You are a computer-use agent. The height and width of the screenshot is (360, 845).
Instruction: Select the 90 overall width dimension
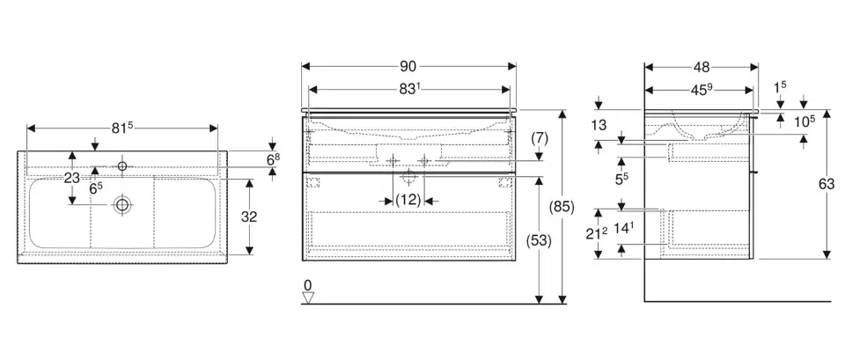408,66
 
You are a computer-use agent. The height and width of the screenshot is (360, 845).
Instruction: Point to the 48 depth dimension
702,66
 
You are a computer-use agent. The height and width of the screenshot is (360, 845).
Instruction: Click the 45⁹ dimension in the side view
701,88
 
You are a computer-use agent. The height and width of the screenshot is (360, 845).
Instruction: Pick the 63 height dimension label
826,184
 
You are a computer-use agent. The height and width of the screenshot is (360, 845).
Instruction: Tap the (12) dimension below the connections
408,200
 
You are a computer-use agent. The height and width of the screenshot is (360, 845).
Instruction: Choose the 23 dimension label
73,177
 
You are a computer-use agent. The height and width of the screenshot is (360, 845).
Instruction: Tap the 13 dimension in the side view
599,126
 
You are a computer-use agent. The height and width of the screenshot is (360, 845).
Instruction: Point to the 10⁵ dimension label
805,121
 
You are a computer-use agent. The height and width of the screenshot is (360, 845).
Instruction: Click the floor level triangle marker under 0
308,297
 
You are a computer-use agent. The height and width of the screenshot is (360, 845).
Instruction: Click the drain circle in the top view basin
121,205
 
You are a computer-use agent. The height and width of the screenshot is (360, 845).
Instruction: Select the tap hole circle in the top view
122,165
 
